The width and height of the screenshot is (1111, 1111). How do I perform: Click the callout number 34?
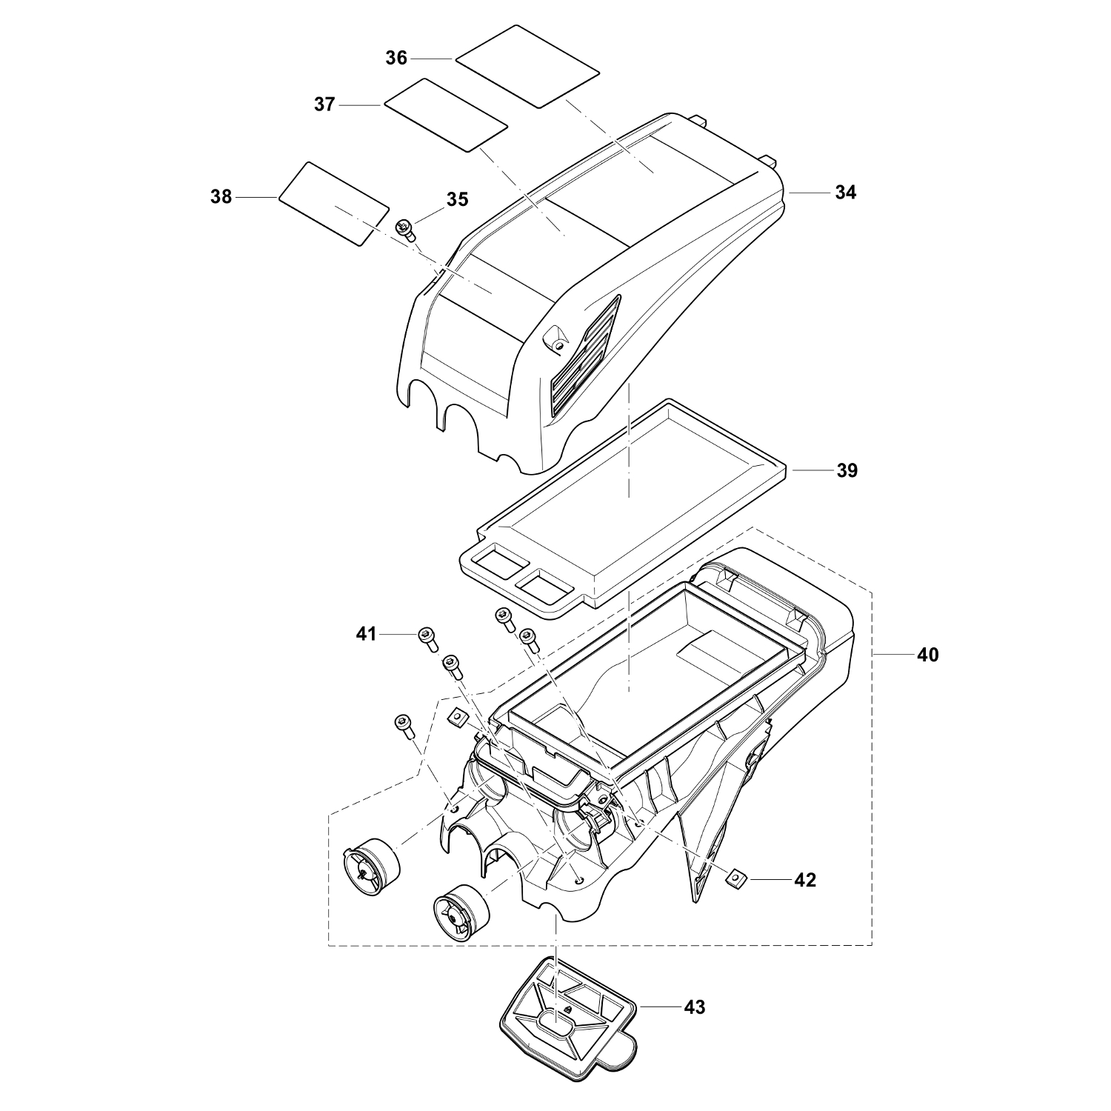pos(845,193)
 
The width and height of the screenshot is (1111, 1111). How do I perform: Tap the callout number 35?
pos(457,199)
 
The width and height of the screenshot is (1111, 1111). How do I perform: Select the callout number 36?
pos(396,58)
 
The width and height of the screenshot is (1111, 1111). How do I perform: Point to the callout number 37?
pos(324,105)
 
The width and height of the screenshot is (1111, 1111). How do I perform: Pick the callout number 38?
pos(221,197)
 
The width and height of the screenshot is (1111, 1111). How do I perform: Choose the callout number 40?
pos(927,655)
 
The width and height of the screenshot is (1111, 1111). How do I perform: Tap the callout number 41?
pos(366,634)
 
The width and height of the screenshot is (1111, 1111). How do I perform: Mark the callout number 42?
pos(804,880)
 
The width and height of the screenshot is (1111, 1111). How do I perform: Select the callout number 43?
pos(694,1007)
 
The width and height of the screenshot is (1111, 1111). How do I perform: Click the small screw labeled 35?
pos(407,230)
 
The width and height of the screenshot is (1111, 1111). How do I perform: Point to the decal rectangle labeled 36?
pos(527,65)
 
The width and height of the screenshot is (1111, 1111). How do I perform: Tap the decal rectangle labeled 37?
pos(445,115)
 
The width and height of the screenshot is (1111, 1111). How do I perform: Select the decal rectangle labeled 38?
pos(334,204)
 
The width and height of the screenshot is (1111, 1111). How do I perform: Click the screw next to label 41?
pos(428,638)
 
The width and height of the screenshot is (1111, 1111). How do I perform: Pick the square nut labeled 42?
pos(735,876)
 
